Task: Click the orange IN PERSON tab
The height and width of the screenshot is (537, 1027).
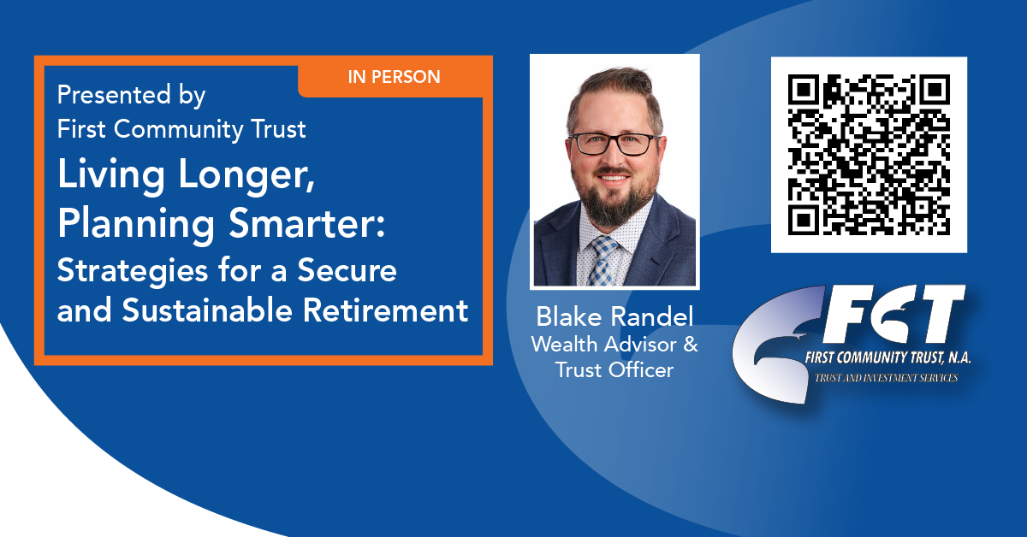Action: [x=395, y=76]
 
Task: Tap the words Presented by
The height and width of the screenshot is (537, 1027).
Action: [x=131, y=96]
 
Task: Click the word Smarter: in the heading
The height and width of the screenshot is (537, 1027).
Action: [x=306, y=223]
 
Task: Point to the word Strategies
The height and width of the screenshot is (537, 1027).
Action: [x=133, y=271]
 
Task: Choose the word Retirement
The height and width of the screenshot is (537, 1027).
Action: [x=386, y=310]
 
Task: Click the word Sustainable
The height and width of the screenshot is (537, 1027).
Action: [x=207, y=310]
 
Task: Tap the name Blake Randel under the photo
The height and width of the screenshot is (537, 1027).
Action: [x=614, y=316]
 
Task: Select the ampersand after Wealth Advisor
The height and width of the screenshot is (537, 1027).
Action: [x=691, y=344]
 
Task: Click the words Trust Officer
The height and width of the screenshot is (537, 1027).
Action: [x=614, y=369]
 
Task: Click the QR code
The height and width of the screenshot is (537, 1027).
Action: [x=869, y=155]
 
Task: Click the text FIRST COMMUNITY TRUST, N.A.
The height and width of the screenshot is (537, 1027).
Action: [x=888, y=357]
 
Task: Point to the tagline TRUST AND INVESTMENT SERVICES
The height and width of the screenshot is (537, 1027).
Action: [x=887, y=378]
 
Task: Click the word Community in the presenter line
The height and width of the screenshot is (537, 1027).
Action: [x=179, y=129]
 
